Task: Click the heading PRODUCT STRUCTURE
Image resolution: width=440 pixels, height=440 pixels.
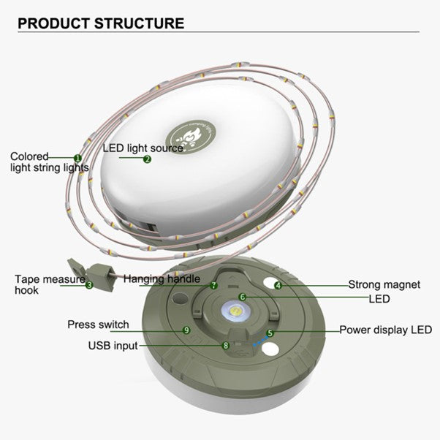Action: [x=100, y=23]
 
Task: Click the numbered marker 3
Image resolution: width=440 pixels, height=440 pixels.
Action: [x=89, y=285]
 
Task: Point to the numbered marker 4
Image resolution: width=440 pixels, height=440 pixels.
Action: [x=278, y=285]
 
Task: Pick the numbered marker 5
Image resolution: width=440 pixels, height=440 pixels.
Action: [x=270, y=333]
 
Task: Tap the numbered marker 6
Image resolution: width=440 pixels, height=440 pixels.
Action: [x=243, y=297]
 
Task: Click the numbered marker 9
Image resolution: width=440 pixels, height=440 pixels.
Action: [x=187, y=330]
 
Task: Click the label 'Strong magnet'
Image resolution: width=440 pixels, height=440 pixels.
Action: [x=384, y=285]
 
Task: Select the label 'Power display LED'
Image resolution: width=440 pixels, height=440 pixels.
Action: [x=385, y=330]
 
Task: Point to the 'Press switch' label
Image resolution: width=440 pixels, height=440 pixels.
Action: [x=98, y=325]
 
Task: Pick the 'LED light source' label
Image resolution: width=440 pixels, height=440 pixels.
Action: [x=143, y=148]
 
